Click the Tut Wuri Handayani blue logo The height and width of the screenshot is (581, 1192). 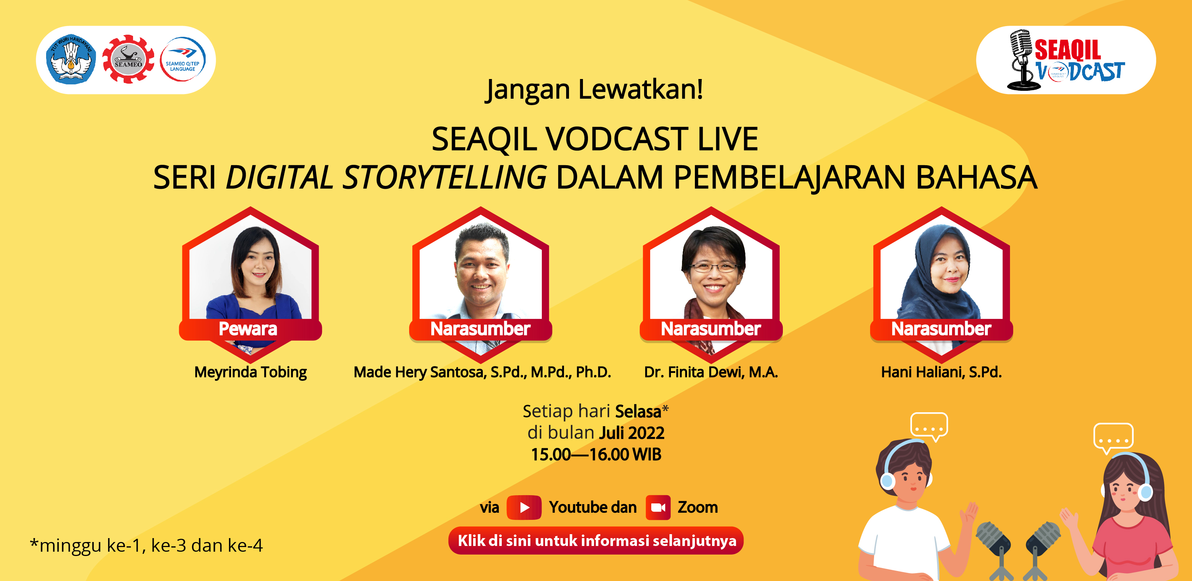pyautogui.click(x=71, y=59)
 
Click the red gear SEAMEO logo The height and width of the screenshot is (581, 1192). pyautogui.click(x=128, y=59)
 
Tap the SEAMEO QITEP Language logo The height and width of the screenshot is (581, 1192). pyautogui.click(x=183, y=59)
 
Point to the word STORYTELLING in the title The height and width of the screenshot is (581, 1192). pyautogui.click(x=444, y=177)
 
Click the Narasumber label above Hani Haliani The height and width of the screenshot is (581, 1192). pyautogui.click(x=941, y=329)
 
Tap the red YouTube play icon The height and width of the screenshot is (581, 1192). pyautogui.click(x=524, y=507)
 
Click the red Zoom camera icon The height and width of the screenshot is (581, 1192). pyautogui.click(x=658, y=507)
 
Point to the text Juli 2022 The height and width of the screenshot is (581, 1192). pyautogui.click(x=632, y=433)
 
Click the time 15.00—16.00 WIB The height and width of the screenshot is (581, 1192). pyautogui.click(x=596, y=454)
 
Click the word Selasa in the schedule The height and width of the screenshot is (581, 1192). pyautogui.click(x=638, y=411)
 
